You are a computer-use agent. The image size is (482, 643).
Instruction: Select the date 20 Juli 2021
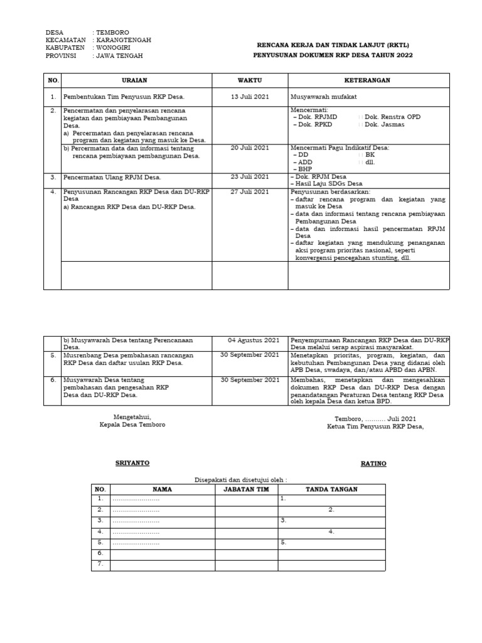(249, 148)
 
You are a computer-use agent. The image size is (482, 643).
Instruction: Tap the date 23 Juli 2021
(249, 177)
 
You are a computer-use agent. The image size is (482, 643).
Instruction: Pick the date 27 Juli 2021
(249, 192)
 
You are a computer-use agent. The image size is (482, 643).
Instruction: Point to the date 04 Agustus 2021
(254, 340)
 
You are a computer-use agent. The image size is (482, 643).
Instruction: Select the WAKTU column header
(249, 80)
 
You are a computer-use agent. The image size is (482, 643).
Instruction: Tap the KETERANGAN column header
(368, 80)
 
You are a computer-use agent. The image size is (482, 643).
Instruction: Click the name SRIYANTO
(132, 463)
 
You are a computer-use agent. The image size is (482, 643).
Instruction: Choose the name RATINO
(373, 463)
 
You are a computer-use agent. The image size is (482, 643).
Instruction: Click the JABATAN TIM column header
(246, 489)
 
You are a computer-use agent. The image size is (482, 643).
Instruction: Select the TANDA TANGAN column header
(331, 489)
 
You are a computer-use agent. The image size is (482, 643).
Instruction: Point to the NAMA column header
(162, 489)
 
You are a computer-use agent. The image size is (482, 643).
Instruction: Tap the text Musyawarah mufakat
(323, 97)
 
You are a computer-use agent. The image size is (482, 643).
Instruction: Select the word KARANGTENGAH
(124, 40)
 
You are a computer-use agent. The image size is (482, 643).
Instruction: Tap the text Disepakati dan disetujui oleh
(241, 478)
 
